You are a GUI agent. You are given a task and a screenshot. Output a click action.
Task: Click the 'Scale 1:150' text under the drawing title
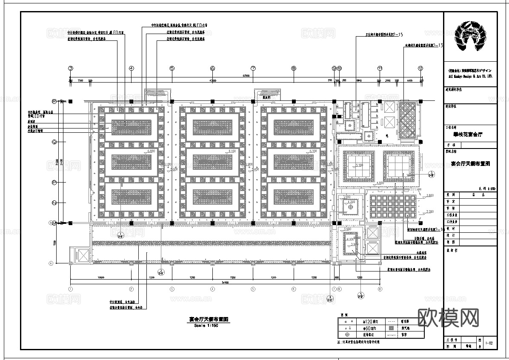point(206,326)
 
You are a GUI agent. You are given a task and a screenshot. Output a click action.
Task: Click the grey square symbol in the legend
point(390,329)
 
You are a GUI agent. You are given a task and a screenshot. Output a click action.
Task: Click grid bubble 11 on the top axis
point(380,68)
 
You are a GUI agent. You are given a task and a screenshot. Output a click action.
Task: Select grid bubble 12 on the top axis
point(420,68)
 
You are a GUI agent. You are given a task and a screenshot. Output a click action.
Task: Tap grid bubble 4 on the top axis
point(132,68)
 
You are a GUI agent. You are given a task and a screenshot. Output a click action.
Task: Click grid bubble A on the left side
point(51,263)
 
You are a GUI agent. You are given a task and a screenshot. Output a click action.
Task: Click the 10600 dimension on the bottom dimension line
point(101,277)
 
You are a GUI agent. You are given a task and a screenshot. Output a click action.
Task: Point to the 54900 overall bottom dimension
point(225,283)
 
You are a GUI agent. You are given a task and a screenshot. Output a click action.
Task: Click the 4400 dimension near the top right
point(409,80)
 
